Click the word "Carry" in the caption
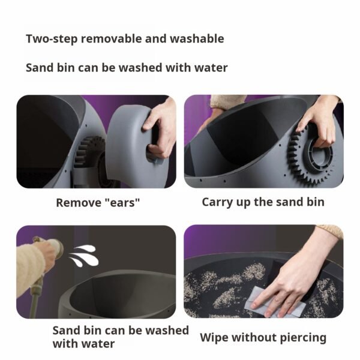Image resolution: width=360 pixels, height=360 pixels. [217, 203]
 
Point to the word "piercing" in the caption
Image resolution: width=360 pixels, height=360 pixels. [304, 338]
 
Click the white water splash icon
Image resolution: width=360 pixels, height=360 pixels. [84, 256]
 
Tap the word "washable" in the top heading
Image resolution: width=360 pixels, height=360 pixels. [197, 38]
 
